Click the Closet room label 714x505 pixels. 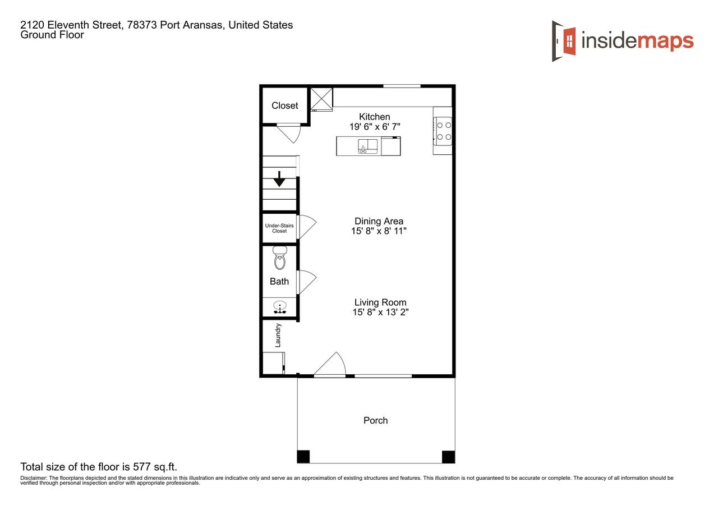(x=285, y=105)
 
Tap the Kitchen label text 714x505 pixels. (x=375, y=117)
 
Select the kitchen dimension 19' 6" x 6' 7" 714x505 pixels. (x=375, y=127)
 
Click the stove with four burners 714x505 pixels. (x=444, y=131)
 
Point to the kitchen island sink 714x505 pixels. (x=368, y=146)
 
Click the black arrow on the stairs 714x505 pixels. (x=279, y=181)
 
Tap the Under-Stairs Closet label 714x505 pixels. (x=279, y=228)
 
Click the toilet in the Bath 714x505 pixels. (x=279, y=259)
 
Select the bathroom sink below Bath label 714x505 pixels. (x=279, y=307)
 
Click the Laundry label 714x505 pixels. (x=278, y=335)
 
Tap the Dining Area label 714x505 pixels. (x=379, y=221)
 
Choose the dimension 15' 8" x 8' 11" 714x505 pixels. (x=379, y=231)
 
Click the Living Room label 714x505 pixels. (x=380, y=302)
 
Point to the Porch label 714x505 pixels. (x=375, y=420)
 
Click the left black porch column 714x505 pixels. (x=303, y=457)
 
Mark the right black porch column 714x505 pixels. (x=448, y=457)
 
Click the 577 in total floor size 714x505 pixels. (x=140, y=467)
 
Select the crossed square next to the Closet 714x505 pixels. (x=321, y=99)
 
